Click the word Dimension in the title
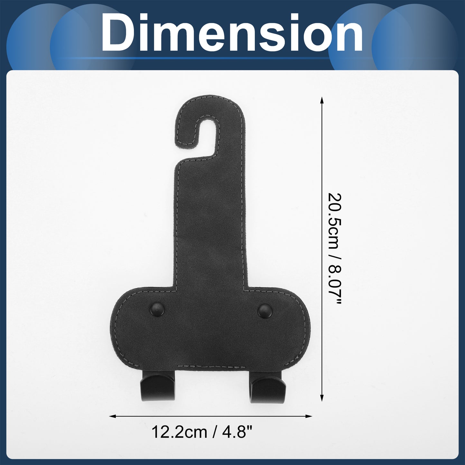point(232,33)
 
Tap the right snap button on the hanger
point(265,311)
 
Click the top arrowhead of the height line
point(321,100)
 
